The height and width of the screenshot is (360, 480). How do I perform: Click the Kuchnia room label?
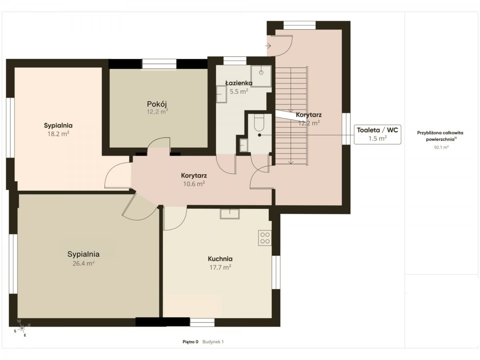220,259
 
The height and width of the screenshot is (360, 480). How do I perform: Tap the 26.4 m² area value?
83,263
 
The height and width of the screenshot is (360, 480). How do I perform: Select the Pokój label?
157,104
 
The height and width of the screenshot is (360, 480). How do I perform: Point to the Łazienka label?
239,83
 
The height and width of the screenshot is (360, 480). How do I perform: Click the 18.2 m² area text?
58,134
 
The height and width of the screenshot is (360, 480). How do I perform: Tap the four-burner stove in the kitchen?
265,238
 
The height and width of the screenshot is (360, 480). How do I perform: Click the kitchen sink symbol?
230,214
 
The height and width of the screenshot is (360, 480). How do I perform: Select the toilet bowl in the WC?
260,123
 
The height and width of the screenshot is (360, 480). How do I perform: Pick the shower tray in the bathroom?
261,76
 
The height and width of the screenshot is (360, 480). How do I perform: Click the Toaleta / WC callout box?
378,134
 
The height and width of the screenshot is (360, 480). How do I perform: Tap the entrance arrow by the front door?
268,46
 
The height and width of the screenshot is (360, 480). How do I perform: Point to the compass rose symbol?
22,328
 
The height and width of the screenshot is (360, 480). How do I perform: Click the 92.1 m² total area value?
441,147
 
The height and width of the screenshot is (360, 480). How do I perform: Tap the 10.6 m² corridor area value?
194,184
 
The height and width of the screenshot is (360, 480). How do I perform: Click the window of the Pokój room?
159,64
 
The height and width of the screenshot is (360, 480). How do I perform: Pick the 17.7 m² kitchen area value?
220,267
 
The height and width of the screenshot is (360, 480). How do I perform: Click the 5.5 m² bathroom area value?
239,91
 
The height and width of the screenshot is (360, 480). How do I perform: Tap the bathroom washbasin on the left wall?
221,94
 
